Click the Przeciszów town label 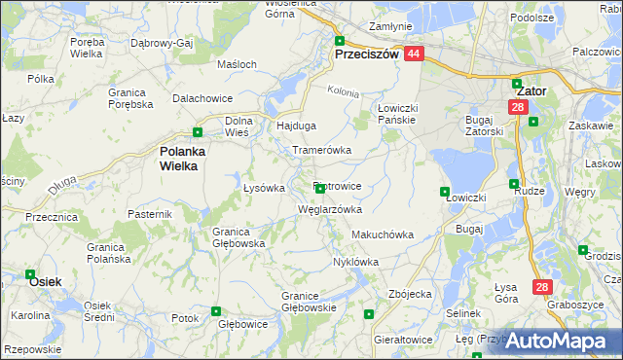pyautogui.click(x=367, y=55)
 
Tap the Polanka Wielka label pyautogui.click(x=179, y=158)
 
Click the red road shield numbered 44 pyautogui.click(x=414, y=54)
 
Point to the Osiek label pyautogui.click(x=46, y=281)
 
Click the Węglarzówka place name pyautogui.click(x=330, y=209)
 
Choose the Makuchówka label pyautogui.click(x=383, y=234)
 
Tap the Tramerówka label pyautogui.click(x=321, y=150)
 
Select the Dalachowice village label pyautogui.click(x=201, y=99)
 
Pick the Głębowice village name pyautogui.click(x=242, y=324)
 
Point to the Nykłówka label pyautogui.click(x=355, y=262)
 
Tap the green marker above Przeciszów pyautogui.click(x=340, y=41)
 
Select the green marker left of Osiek pyautogui.click(x=30, y=275)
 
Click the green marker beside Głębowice pyautogui.click(x=216, y=311)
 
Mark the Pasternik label pyautogui.click(x=149, y=213)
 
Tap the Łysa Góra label pyautogui.click(x=505, y=293)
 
